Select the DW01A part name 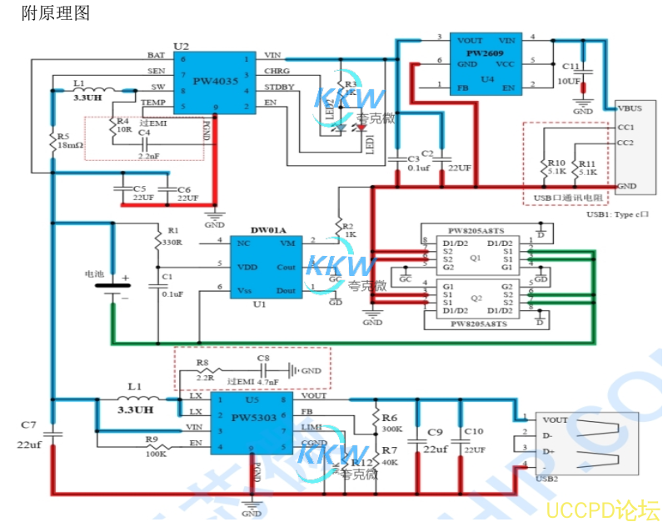(268, 229)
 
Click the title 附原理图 (55, 13)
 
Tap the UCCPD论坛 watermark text (603, 508)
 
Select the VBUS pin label (631, 108)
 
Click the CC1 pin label (626, 127)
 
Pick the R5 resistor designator (63, 136)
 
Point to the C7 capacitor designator (28, 425)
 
